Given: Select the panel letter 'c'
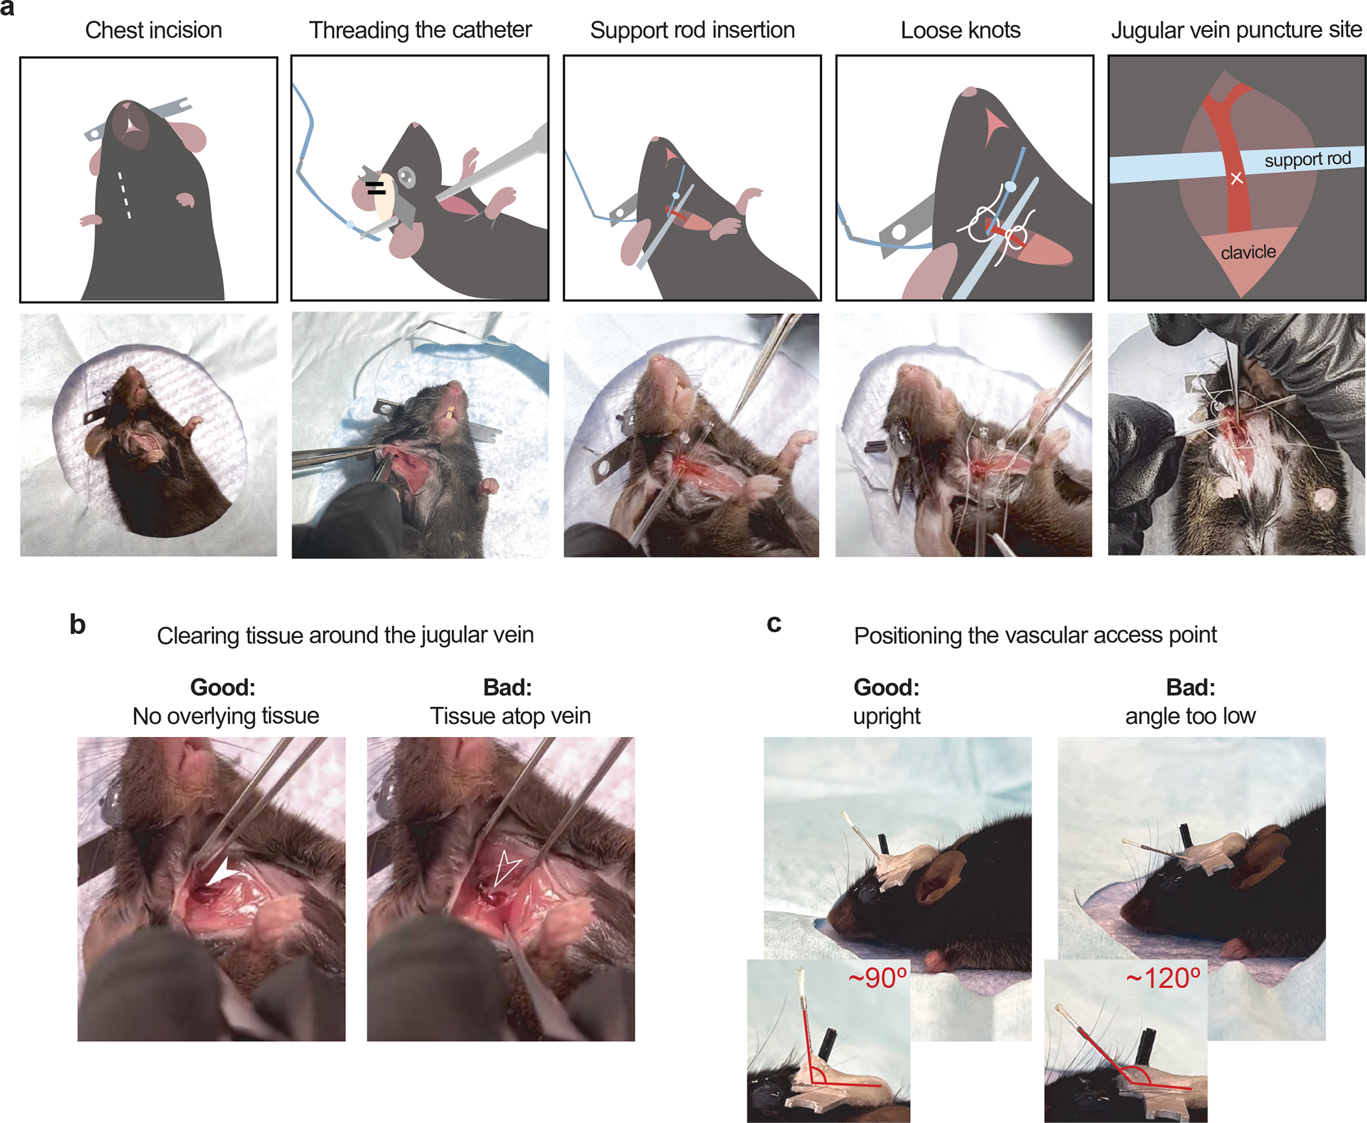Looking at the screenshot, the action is coord(774,624).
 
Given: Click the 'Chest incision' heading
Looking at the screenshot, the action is coord(154,30).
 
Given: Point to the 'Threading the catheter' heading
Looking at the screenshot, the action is coord(420,30).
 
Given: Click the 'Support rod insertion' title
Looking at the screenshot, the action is coord(693,30).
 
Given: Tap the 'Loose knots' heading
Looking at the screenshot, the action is coord(961,30).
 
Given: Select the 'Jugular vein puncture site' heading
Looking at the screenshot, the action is coord(1236,30).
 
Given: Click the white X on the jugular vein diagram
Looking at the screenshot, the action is coord(1236,178).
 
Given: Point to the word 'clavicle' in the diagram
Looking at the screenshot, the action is coord(1248,252).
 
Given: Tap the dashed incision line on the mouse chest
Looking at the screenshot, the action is coord(124,195).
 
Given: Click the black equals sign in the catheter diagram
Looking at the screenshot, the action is coord(376,188).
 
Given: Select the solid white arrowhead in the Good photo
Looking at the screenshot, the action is coord(223,872).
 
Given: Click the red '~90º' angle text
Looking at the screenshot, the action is coord(877,978).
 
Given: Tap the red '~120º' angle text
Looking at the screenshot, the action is coord(1163,978).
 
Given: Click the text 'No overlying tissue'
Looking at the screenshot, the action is coord(226,716).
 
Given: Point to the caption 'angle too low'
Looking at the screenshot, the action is coord(1191,716).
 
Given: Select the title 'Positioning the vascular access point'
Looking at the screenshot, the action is coord(1035,635).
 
